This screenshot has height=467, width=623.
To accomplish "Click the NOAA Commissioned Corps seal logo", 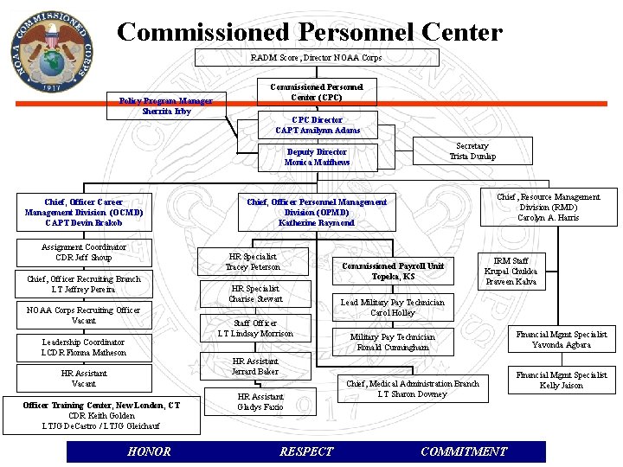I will (50, 50).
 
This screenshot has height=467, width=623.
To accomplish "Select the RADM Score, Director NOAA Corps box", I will (316, 58).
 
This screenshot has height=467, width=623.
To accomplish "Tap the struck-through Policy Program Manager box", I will (165, 106).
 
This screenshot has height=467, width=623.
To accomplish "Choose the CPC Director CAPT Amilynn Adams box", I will (318, 125).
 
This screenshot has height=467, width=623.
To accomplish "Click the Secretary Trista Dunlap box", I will (472, 151).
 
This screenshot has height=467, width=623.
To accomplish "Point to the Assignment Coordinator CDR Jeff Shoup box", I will (83, 253).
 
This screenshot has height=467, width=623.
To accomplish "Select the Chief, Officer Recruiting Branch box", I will (83, 284).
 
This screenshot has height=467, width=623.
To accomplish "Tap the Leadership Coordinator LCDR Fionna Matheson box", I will (83, 347).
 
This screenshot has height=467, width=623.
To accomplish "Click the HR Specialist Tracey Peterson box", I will (253, 261).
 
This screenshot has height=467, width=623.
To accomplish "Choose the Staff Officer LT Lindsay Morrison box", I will (255, 328).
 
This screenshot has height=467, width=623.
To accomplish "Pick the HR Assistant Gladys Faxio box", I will (260, 401).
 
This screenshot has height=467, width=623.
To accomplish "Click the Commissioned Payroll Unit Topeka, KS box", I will (392, 271).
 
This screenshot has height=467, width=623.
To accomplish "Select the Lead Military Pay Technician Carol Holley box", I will (392, 308).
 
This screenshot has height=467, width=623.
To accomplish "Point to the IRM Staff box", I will (511, 271).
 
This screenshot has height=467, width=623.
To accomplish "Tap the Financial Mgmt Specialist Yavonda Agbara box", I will (561, 339).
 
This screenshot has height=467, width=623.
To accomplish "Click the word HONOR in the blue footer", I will (149, 451).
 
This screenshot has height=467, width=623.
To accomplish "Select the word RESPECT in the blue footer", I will (306, 451).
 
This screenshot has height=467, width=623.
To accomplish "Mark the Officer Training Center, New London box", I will (101, 415).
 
